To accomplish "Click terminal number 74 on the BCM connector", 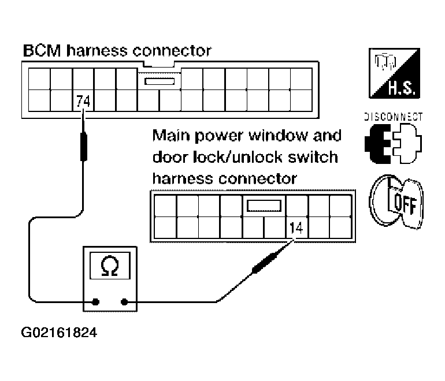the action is tap(83, 101).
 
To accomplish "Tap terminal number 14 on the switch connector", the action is tap(296, 228).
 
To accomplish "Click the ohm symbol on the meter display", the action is tap(110, 266).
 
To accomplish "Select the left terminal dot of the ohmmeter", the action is tap(95, 302).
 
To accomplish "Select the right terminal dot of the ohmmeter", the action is tap(124, 302).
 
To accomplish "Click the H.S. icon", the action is tap(394, 73).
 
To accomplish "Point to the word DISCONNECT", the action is tap(394, 117).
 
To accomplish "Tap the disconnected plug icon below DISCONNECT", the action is tap(394, 144).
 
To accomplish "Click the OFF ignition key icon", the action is tap(396, 201).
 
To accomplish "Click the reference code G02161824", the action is tap(59, 333).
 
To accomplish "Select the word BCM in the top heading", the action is tap(42, 51).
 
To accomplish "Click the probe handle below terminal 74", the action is tap(83, 147).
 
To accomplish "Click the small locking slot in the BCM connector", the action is tap(159, 81).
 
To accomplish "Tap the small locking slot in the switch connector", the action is tap(264, 206).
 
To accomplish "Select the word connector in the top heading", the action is tap(172, 51).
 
